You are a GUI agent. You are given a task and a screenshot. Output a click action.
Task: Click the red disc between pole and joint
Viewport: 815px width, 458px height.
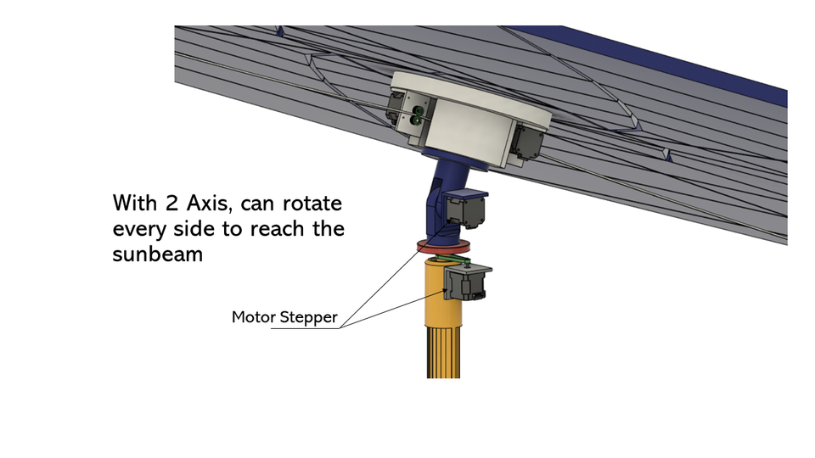[x=446, y=249]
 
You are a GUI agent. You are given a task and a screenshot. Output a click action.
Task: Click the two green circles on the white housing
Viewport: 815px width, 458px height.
[x=417, y=115]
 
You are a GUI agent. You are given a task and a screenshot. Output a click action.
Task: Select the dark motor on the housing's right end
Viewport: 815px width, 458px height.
[x=526, y=142]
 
